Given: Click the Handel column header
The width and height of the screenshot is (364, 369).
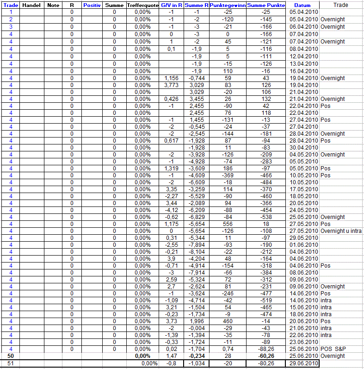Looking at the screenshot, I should click(31, 5).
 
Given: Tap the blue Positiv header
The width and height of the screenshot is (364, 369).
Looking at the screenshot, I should click(92, 5).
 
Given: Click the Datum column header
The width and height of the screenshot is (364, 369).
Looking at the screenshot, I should click(303, 5).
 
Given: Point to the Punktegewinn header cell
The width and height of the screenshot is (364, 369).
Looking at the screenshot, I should click(227, 5).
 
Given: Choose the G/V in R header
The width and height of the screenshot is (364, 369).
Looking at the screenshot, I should click(171, 5).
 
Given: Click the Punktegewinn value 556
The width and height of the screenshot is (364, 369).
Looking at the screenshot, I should click(227, 224).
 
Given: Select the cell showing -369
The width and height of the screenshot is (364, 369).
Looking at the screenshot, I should click(227, 175).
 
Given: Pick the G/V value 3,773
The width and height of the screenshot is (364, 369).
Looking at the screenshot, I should click(171, 85).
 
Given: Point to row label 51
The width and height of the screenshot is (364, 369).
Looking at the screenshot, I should click(10, 364).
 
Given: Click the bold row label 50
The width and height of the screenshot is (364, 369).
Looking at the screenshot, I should click(10, 356).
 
